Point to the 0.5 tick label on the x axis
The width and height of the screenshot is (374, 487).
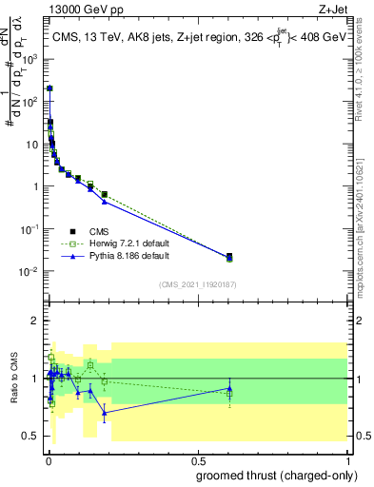(x=198, y=459)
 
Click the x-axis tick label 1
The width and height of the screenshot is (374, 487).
(x=349, y=459)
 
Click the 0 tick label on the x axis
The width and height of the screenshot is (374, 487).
(x=48, y=459)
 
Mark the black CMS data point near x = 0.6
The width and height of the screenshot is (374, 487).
(x=229, y=256)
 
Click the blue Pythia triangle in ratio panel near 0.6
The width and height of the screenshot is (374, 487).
(x=229, y=388)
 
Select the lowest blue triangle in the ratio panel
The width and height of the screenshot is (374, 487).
(x=105, y=412)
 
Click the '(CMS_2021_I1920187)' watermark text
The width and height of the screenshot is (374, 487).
(x=198, y=284)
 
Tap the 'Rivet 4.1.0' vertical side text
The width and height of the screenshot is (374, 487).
(x=365, y=76)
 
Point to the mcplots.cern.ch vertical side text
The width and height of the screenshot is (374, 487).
(x=365, y=228)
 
